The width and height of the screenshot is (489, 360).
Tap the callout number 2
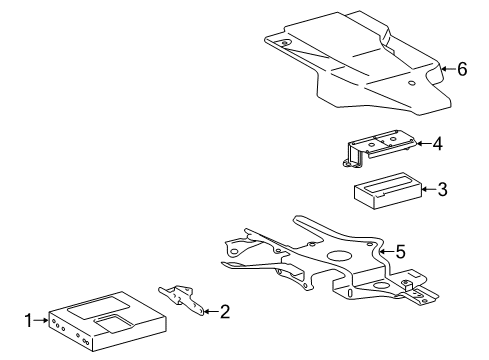click(225, 312)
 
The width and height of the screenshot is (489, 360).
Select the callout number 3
click(442, 188)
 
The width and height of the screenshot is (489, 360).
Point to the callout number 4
click(436, 144)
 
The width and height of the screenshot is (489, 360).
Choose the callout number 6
click(462, 69)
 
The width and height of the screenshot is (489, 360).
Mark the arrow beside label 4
click(421, 144)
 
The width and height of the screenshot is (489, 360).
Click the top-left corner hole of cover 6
click(284, 45)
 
